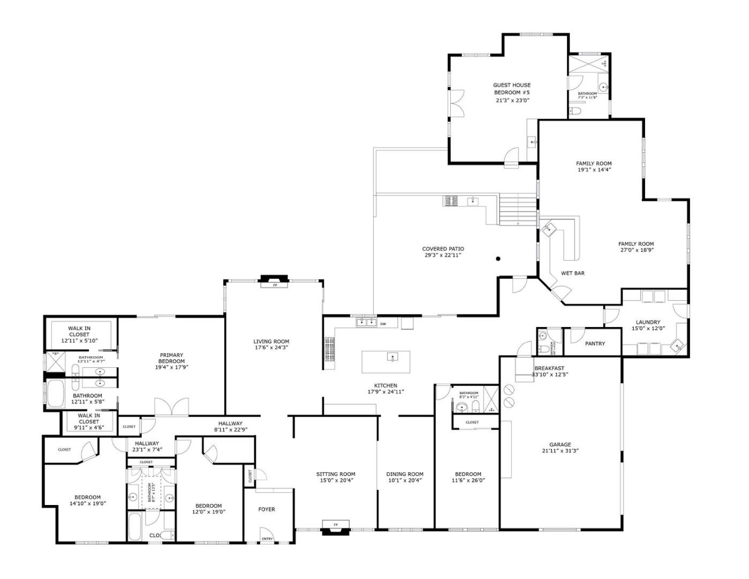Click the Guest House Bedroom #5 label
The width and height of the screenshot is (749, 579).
[512, 88]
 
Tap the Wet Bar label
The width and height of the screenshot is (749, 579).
[572, 273]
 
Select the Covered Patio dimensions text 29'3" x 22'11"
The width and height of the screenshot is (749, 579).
[443, 256]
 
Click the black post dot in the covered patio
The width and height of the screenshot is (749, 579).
[498, 259]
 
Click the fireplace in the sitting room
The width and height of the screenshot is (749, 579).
[336, 526]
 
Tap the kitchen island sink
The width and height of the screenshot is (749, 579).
[392, 357]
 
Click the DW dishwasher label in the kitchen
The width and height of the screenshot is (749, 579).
[383, 324]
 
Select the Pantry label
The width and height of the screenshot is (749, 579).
[595, 344]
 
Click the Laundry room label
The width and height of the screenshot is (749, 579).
[648, 322]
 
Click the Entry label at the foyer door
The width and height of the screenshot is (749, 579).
[267, 539]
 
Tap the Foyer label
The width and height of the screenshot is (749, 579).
[267, 509]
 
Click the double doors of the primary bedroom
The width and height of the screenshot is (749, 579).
[171, 407]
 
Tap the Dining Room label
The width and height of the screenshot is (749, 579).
[405, 474]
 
